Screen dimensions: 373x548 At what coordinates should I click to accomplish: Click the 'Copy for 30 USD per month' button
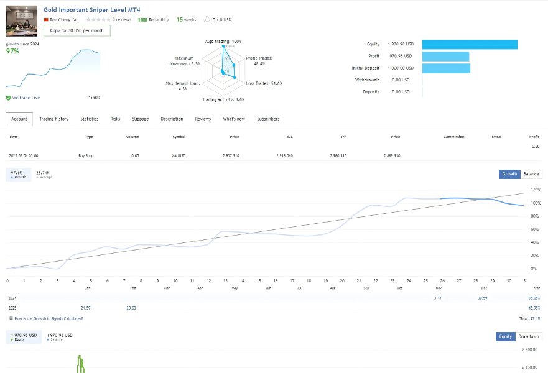point(77,30)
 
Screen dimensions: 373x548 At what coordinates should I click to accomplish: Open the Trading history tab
point(53,119)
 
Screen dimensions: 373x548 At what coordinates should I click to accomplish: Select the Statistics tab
point(89,119)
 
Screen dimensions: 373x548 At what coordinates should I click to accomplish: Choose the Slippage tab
point(141,119)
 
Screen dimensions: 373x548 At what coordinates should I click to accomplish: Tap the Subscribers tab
point(268,119)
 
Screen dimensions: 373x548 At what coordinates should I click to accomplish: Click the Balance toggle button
point(531,174)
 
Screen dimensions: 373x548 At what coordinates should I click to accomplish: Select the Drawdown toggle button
point(529,336)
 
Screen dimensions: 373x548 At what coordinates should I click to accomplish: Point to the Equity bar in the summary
point(470,44)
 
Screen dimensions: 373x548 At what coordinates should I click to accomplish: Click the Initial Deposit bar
point(445,68)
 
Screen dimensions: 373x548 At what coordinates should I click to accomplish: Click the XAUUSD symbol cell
point(179,155)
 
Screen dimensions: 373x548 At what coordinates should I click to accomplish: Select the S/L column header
point(290,136)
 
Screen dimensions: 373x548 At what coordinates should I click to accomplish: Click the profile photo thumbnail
point(22,21)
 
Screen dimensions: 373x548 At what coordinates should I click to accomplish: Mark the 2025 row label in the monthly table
point(13,308)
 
